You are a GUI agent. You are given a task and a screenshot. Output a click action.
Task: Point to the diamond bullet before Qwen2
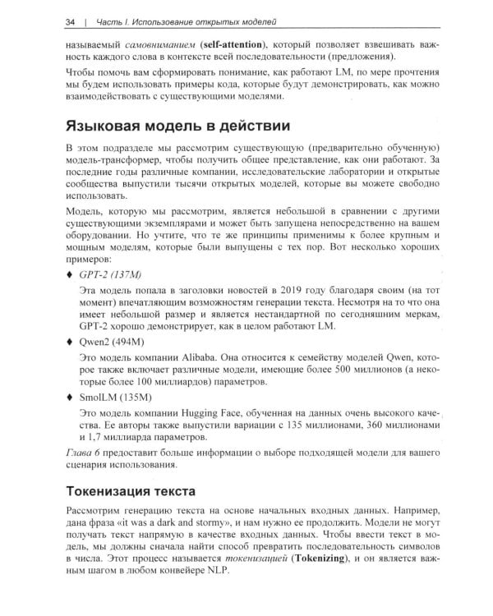click(67, 341)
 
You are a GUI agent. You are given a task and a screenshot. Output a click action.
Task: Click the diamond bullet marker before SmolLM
click(67, 396)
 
